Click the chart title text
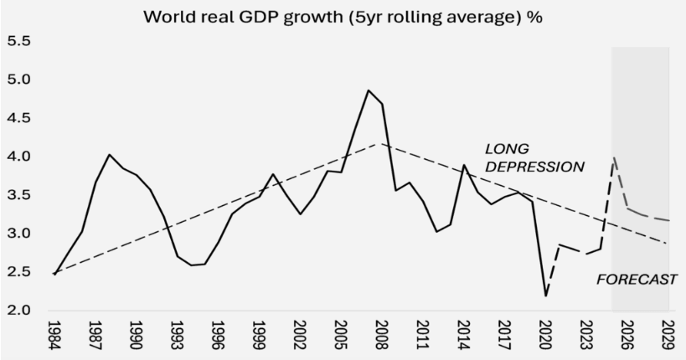tap(343, 16)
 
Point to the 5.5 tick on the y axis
tap(19, 41)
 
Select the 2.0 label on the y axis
tap(19, 311)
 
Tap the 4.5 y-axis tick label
tap(19, 118)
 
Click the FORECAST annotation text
tap(636, 280)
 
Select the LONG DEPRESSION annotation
tap(534, 157)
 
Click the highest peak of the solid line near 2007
tap(368, 90)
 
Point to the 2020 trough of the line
tap(546, 296)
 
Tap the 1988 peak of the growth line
tap(109, 154)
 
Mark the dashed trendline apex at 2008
tap(382, 144)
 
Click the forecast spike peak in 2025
tap(615, 157)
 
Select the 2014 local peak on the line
tap(464, 165)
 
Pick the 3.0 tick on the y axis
tap(19, 234)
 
